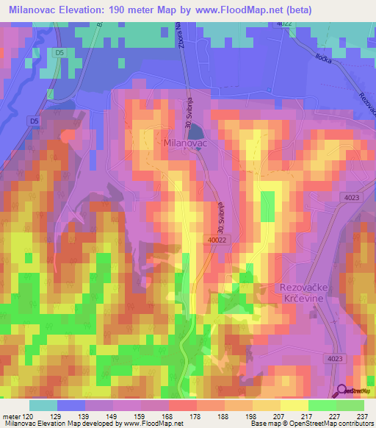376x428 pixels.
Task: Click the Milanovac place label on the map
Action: click(187, 146)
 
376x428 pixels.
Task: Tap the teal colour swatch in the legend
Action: click(43, 405)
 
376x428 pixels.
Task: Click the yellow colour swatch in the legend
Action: click(294, 405)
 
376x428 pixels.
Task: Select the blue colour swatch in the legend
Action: click(71, 405)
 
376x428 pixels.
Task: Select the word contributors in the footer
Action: click(353, 424)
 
